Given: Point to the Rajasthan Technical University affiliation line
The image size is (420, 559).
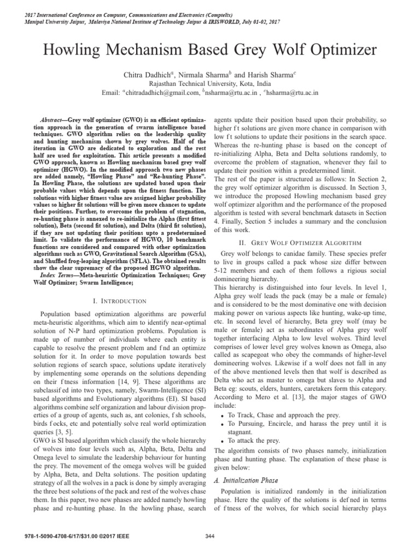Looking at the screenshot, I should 209,84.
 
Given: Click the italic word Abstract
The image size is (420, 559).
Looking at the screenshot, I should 54,118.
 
